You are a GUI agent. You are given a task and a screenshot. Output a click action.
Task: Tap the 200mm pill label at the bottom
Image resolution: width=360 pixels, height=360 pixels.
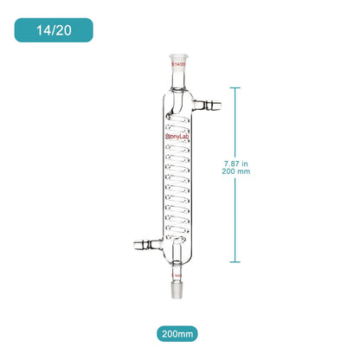tap(179, 332)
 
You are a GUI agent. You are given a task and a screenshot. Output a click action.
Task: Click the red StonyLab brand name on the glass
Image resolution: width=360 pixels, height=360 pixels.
tap(179, 135)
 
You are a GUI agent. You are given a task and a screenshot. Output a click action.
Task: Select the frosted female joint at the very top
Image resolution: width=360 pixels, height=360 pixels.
tap(179, 61)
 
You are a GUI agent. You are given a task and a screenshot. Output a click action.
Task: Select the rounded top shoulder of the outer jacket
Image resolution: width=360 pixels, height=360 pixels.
tap(179, 90)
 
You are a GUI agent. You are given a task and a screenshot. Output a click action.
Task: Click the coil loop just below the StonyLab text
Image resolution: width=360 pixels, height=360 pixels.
tap(179, 146)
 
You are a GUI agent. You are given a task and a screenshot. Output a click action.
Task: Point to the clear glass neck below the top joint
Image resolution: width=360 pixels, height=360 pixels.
tap(179, 78)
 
